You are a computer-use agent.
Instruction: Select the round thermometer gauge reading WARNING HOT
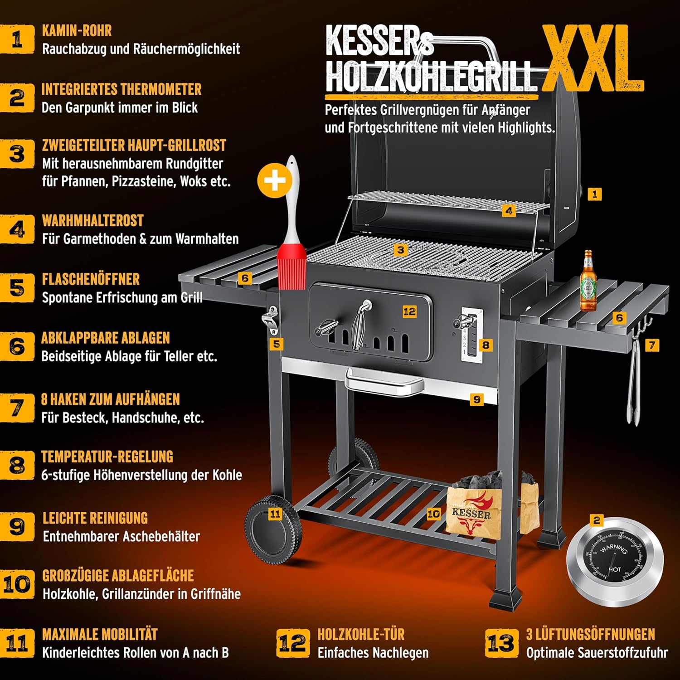point(614,561)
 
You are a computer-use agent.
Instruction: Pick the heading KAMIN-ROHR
point(77,31)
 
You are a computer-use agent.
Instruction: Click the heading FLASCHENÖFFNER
point(91,279)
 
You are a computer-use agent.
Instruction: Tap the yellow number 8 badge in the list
point(17,465)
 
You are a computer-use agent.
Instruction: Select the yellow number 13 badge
point(501,643)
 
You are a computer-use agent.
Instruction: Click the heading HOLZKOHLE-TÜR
point(361,634)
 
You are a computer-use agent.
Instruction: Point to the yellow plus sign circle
point(275,181)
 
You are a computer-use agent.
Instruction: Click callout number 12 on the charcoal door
point(409,311)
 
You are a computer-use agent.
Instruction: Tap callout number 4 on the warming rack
point(509,211)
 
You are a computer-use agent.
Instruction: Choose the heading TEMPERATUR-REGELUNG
point(107,457)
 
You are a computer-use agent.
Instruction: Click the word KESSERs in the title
point(379,42)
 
